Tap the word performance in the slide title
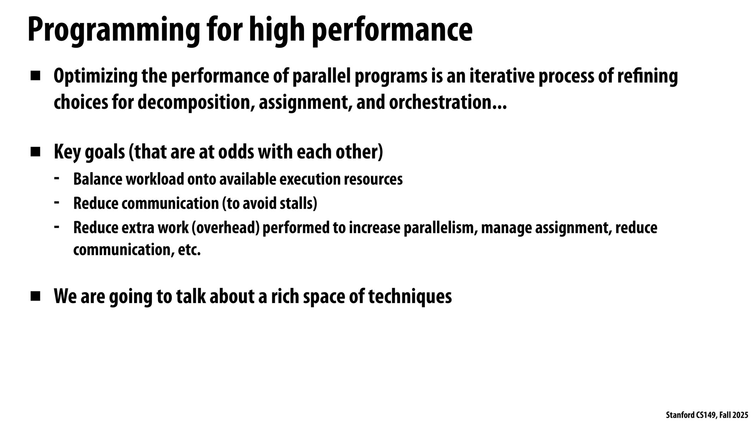click(392, 30)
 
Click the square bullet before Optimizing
click(35, 76)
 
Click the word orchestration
click(441, 103)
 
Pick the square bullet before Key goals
click(35, 152)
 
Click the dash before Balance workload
click(56, 178)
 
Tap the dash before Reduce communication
click(56, 203)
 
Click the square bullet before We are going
click(35, 296)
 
